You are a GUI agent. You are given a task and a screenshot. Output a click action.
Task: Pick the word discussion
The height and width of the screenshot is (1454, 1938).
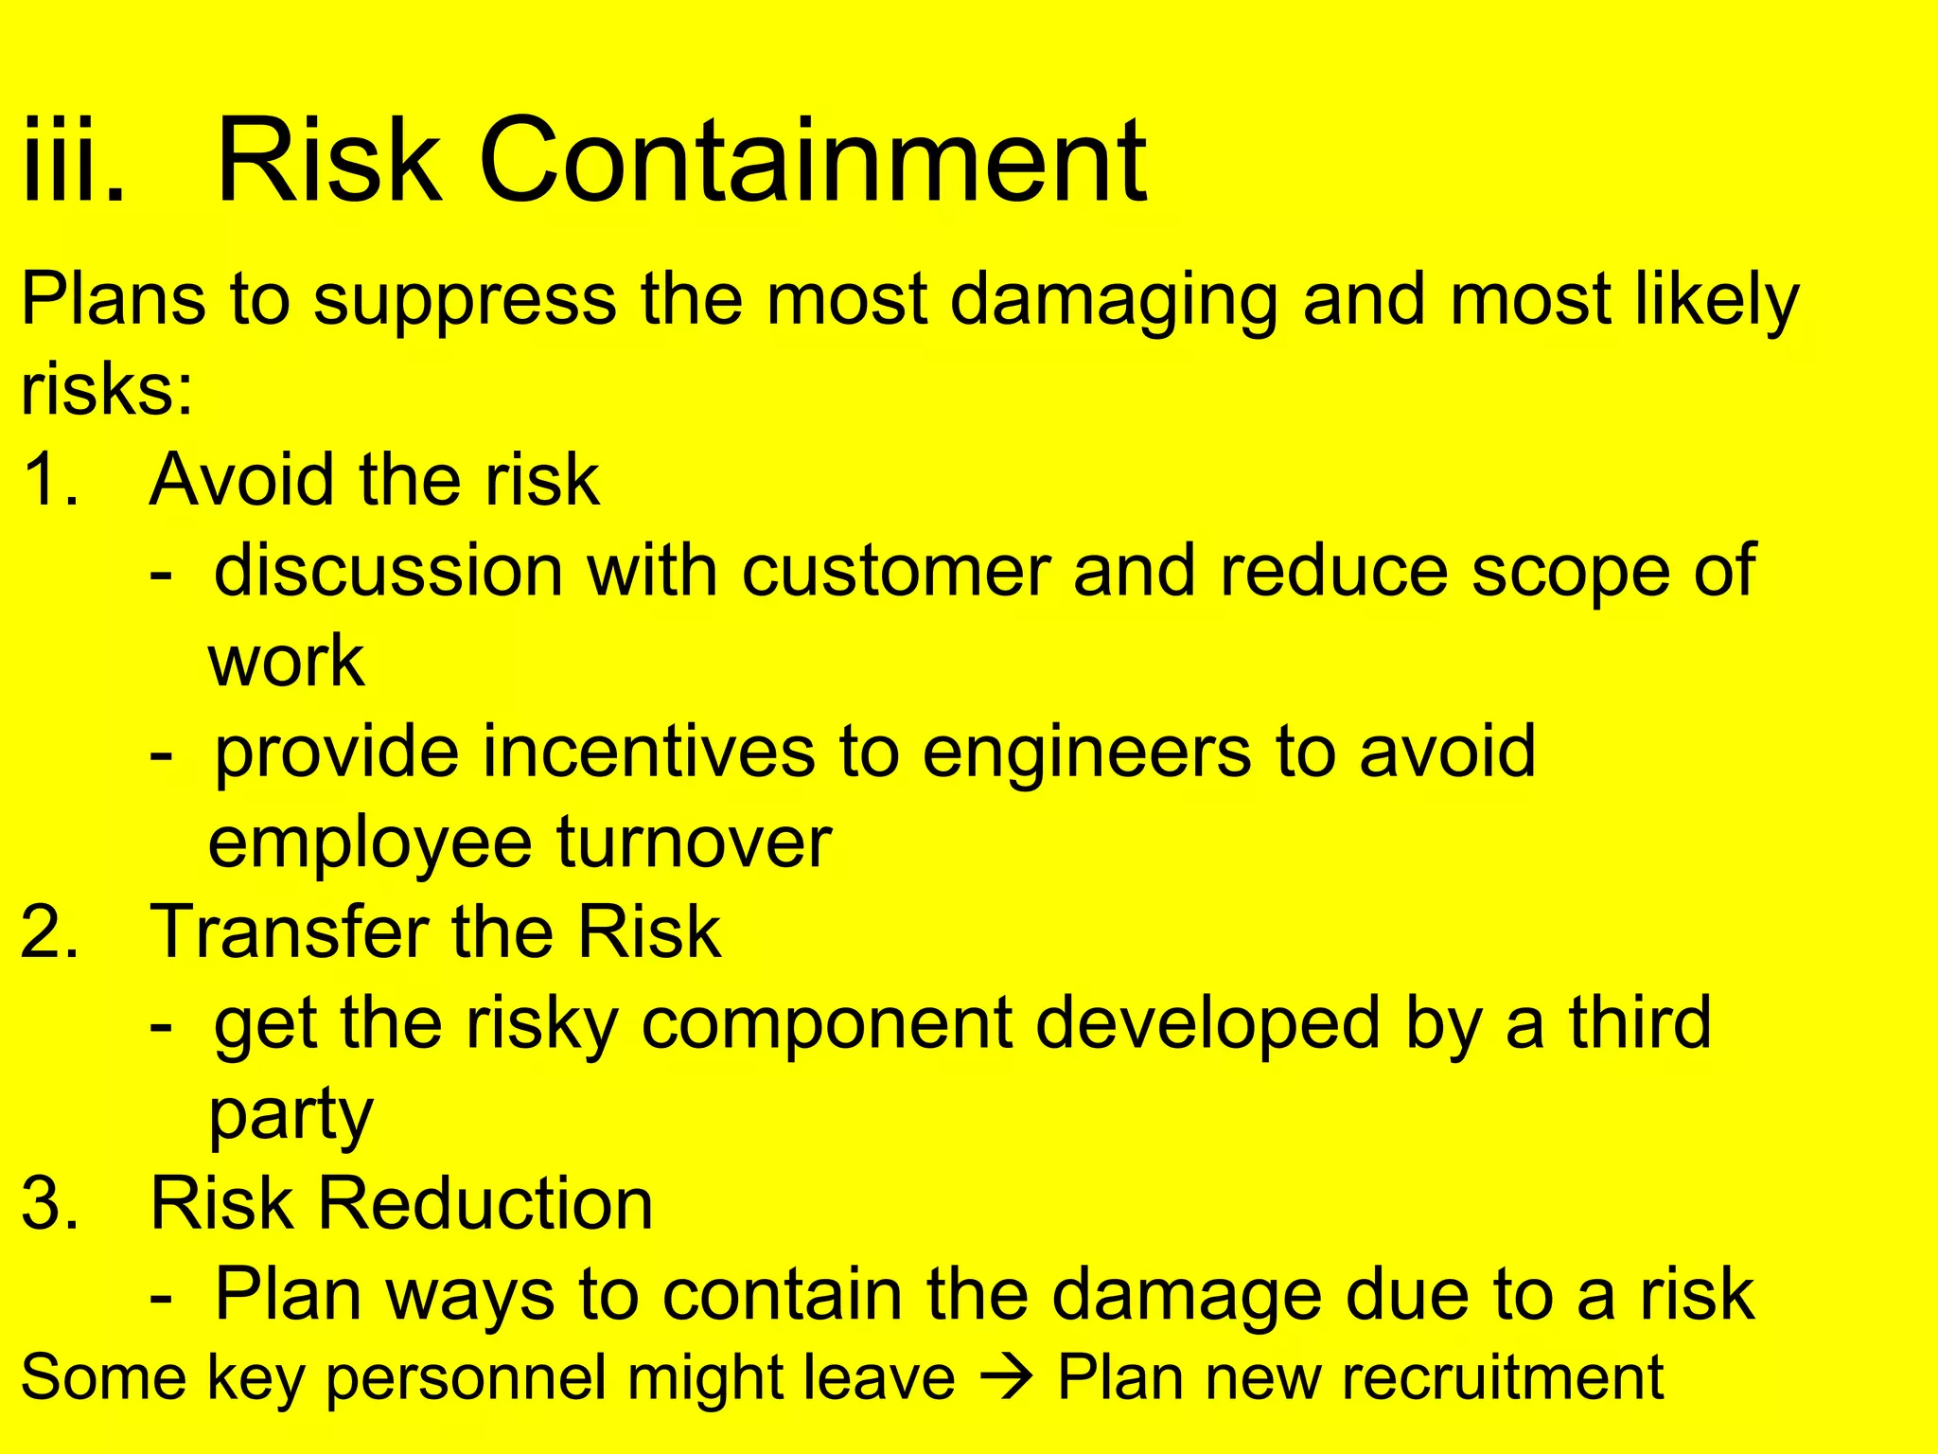389,571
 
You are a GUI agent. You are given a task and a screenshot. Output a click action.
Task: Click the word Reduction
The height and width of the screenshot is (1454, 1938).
485,1204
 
